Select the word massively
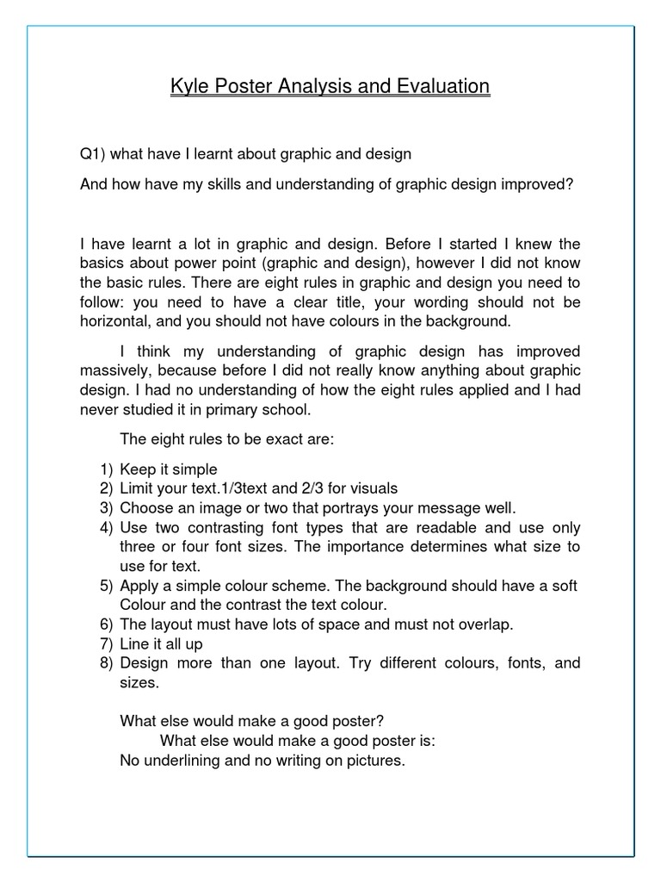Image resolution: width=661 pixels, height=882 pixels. pyautogui.click(x=115, y=370)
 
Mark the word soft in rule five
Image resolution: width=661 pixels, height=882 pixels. pyautogui.click(x=563, y=587)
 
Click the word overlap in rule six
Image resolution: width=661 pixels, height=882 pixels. pyautogui.click(x=486, y=625)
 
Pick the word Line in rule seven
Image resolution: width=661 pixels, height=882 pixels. pyautogui.click(x=134, y=644)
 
